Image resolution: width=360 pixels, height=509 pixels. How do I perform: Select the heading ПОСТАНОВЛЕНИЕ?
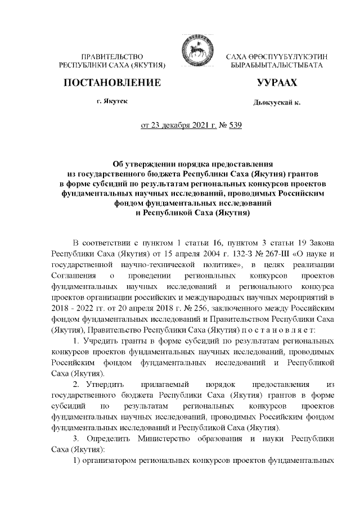[x=112, y=83]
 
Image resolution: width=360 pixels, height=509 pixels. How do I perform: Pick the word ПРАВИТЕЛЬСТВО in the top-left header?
[x=112, y=57]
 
